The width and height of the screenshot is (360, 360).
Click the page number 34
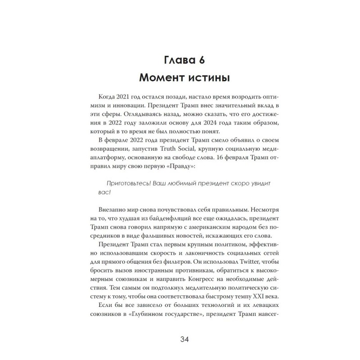pos(180,339)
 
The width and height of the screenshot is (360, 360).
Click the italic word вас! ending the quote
pos(102,206)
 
